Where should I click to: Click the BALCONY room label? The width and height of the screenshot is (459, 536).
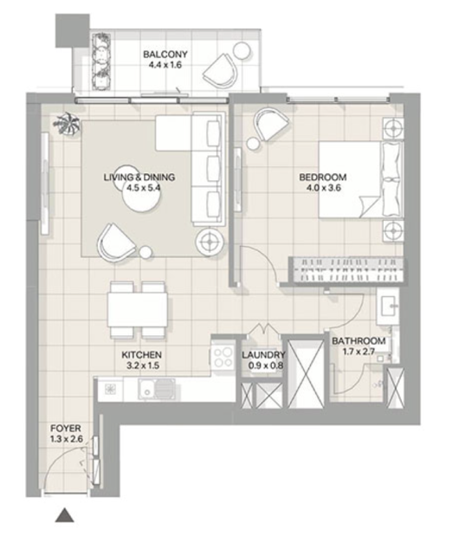(165, 55)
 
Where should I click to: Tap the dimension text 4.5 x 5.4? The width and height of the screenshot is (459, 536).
(143, 188)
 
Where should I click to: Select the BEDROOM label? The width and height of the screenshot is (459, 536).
(323, 177)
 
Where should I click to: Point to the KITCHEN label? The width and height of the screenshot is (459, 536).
(141, 355)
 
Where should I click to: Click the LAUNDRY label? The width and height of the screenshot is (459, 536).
(263, 355)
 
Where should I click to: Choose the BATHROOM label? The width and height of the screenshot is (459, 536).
(359, 341)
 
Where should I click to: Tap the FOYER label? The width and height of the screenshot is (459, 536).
(66, 429)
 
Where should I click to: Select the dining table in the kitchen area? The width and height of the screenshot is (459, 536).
(138, 310)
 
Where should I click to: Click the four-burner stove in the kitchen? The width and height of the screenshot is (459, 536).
(223, 357)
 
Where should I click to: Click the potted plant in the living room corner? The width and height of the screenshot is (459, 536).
(68, 125)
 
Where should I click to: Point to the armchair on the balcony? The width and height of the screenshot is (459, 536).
(221, 70)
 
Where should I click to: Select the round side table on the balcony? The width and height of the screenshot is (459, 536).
(242, 51)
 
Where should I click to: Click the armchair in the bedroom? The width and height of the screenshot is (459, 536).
(271, 125)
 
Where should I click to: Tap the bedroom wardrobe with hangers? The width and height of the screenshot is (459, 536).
(346, 269)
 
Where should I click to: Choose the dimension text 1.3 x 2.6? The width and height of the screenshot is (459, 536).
(67, 439)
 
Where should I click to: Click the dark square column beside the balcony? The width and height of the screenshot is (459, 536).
(73, 30)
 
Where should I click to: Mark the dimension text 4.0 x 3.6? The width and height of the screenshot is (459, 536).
(324, 188)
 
